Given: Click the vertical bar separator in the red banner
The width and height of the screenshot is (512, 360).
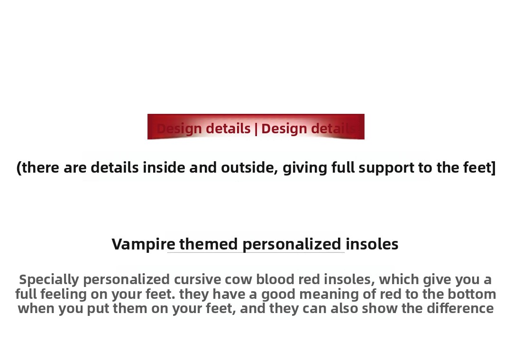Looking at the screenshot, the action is coord(256,129).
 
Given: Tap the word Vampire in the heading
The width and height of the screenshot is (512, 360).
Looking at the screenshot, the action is coord(143,244).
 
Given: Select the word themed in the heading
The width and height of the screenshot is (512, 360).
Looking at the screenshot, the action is coord(208,244).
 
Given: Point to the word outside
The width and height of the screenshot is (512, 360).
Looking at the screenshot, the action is coord(249,168).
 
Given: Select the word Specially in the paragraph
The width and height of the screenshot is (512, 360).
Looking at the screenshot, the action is coord(49,280).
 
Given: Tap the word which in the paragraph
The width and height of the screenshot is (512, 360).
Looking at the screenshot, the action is coord(399,280).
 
